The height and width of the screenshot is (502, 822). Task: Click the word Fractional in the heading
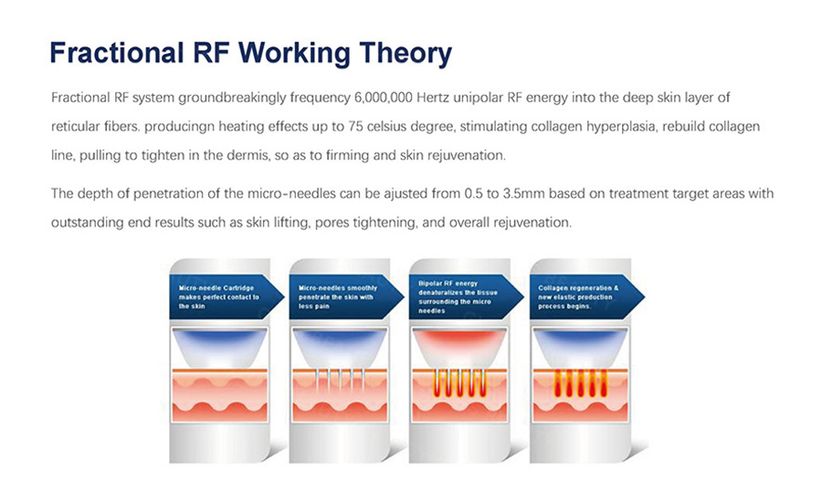click(116, 52)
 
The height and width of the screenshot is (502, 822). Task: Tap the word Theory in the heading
click(406, 54)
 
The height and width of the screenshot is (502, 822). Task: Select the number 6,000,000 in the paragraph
click(384, 98)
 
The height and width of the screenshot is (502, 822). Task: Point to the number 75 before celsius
click(355, 126)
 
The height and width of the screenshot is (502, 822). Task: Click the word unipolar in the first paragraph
click(478, 98)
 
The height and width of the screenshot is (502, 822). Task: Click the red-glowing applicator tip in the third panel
click(459, 347)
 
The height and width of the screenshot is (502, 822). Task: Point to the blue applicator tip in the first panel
click(219, 347)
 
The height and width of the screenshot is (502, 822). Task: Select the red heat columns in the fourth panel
click(580, 383)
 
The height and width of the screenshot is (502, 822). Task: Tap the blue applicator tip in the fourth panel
click(580, 347)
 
